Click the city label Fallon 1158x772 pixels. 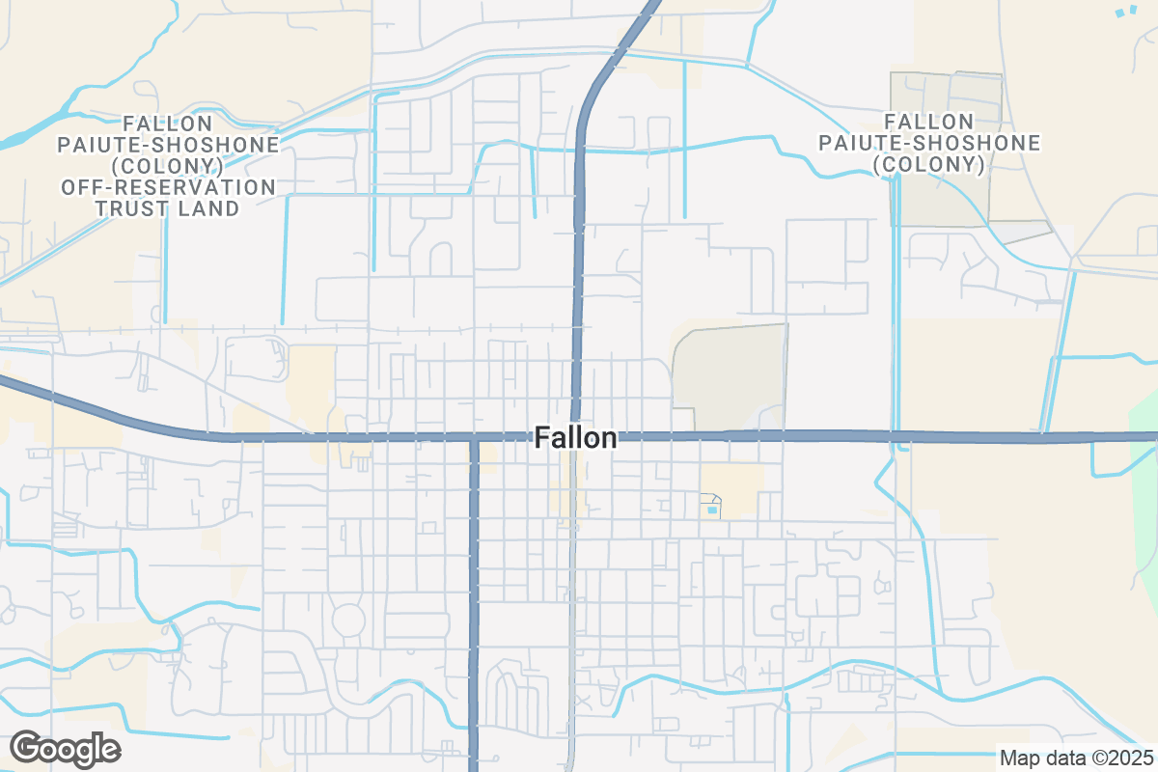tap(575, 438)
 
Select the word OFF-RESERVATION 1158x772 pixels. tap(168, 186)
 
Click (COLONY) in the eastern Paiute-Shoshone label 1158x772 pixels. tap(929, 164)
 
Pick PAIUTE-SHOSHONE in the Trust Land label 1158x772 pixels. tap(168, 144)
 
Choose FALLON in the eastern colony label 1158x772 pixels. tap(928, 122)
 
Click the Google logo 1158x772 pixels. tap(66, 748)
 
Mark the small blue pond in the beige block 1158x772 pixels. tap(713, 509)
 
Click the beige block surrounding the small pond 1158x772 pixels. tap(738, 487)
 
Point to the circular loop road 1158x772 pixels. tap(348, 619)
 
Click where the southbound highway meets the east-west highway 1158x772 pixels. tap(474, 438)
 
